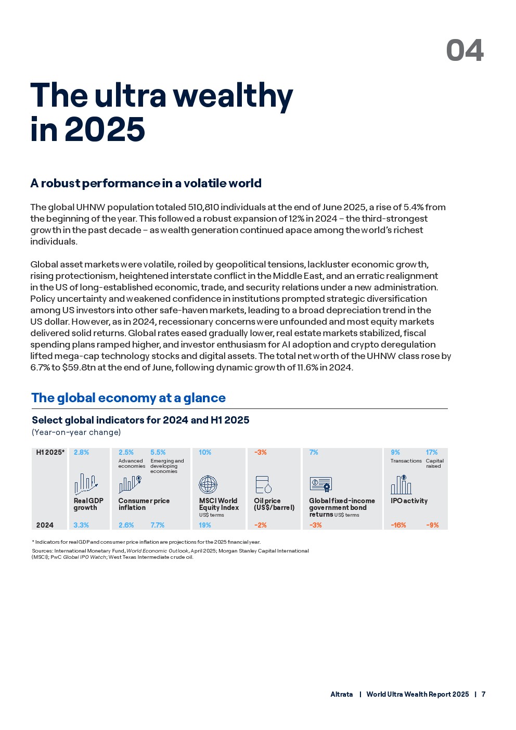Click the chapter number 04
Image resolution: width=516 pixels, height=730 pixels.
[x=465, y=50]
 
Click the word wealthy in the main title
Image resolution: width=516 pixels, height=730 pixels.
[x=233, y=97]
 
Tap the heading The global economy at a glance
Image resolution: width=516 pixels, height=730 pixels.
[x=128, y=398]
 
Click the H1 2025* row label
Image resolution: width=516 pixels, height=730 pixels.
[x=50, y=453]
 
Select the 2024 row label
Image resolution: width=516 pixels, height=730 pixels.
[x=45, y=525]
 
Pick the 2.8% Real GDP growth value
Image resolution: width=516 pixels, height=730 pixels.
[x=81, y=453]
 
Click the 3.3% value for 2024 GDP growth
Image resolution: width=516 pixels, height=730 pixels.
[x=81, y=525]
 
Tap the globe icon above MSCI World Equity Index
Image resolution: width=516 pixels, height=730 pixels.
[x=208, y=484]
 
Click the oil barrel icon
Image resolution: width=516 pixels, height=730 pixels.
[x=263, y=484]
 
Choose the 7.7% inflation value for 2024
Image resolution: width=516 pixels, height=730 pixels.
[x=157, y=525]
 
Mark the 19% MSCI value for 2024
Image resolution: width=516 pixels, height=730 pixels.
[x=205, y=525]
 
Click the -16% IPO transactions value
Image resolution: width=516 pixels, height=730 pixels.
[x=398, y=525]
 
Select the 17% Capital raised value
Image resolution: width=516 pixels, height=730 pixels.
[x=432, y=453]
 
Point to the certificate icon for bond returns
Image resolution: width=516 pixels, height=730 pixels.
[x=320, y=484]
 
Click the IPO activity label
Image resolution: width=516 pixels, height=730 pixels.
[x=409, y=501]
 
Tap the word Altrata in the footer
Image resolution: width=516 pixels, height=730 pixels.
[x=342, y=695]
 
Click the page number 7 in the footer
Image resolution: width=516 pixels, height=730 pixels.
[x=484, y=695]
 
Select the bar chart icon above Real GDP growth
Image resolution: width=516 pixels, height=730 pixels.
[x=86, y=484]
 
